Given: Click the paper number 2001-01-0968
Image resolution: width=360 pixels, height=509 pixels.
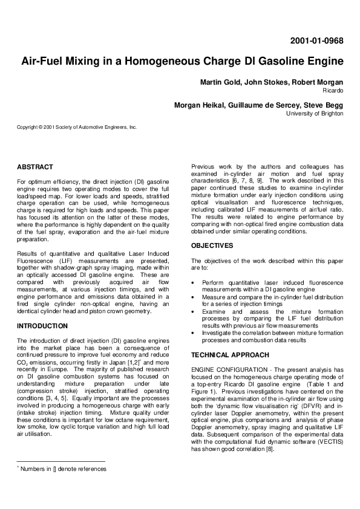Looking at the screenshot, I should tap(316, 41).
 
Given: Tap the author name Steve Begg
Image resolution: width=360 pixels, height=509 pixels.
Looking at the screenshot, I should tap(323, 105).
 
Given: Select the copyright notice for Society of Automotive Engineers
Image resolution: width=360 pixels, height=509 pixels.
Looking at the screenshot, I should tap(77, 127).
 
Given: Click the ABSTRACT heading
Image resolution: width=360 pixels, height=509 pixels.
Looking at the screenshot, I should tap(35, 167).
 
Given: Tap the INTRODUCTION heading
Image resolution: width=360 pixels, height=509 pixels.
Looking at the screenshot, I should tap(42, 326).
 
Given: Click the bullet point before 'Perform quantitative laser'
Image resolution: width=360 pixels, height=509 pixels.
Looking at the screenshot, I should tap(193, 282).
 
